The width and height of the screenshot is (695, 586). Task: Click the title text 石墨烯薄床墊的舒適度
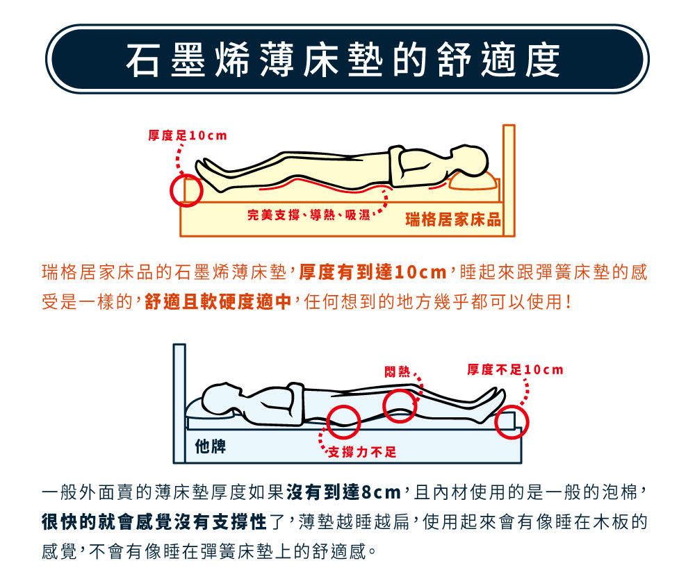pos(343,59)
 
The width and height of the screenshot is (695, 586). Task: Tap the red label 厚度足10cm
pos(188,135)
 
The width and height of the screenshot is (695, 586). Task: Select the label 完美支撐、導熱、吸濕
pos(309,215)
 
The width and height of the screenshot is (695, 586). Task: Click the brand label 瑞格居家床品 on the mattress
pos(453,219)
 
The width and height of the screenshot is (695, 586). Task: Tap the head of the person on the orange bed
pos(470,160)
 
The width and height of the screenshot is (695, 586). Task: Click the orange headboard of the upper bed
pos(509,181)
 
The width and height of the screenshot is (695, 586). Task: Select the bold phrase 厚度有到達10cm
pos(373,272)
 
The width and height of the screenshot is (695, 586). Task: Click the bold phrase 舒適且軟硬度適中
pos(218,301)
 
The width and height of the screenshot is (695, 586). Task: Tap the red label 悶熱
pos(397,371)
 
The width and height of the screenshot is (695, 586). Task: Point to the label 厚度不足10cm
pos(515,369)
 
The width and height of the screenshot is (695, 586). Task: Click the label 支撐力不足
pos(362,452)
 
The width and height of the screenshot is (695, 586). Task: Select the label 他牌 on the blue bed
pos(211,446)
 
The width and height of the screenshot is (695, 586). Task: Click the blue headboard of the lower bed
pos(179,403)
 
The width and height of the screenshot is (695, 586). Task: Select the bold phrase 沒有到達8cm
pos(344,492)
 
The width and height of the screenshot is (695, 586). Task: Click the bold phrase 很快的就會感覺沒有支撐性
pos(155,521)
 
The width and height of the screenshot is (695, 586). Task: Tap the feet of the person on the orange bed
pos(208,175)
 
